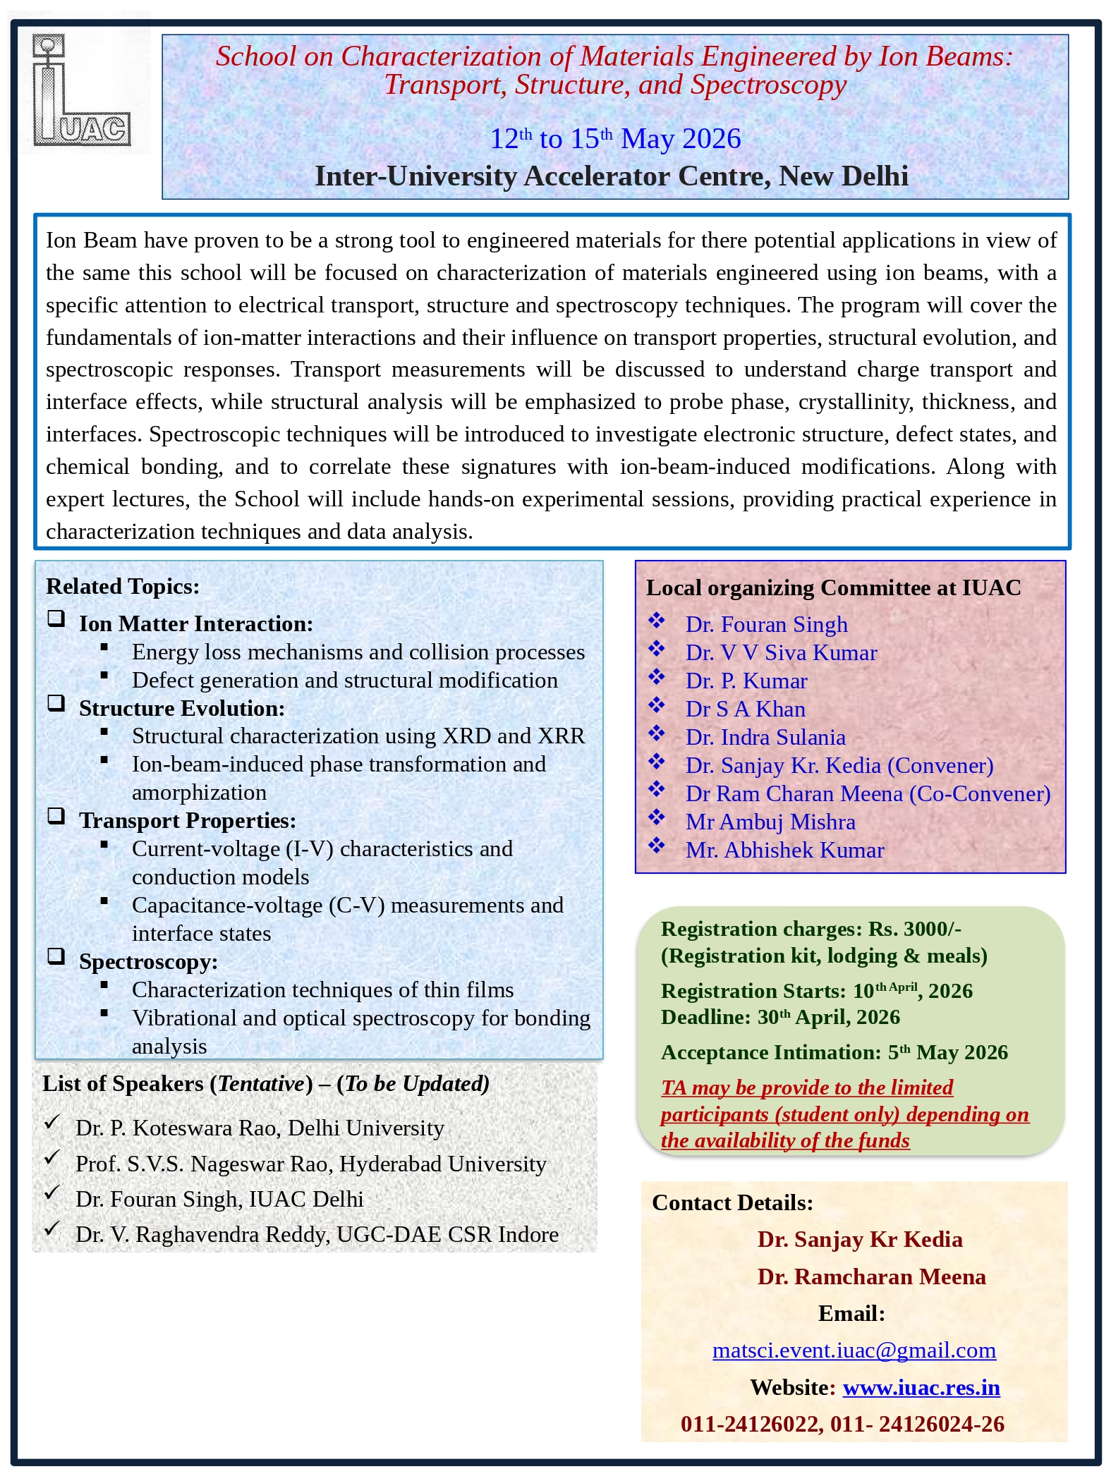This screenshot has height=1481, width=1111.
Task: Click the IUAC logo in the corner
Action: (x=81, y=90)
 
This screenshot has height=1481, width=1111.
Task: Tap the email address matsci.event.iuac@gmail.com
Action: (x=854, y=1350)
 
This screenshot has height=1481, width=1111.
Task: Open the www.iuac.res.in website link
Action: (x=921, y=1387)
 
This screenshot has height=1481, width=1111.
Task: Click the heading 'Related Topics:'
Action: (x=123, y=586)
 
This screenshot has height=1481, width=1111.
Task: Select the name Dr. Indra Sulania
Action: (x=765, y=737)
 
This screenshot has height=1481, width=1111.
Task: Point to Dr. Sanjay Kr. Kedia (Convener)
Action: (x=839, y=765)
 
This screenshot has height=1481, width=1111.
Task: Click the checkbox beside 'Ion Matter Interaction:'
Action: (x=56, y=619)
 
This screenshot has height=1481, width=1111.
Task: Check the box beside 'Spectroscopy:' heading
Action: (x=56, y=956)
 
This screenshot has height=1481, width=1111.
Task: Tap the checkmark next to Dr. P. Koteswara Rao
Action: (x=51, y=1122)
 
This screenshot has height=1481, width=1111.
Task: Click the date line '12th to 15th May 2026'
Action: (x=615, y=139)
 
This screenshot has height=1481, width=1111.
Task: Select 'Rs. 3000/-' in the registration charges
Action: (x=914, y=929)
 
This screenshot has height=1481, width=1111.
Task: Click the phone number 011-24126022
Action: (x=751, y=1424)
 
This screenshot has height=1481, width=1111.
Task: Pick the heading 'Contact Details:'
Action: (x=732, y=1202)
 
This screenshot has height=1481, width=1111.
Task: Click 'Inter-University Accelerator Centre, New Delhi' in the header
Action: (x=611, y=176)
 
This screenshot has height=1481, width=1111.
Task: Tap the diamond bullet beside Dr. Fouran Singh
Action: (x=657, y=621)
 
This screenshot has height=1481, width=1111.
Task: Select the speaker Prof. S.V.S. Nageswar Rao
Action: (x=310, y=1164)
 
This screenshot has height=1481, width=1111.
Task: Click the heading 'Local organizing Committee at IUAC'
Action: (x=833, y=587)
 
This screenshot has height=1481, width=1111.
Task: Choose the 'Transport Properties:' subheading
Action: (x=187, y=820)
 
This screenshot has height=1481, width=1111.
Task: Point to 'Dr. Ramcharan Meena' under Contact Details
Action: (x=871, y=1276)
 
